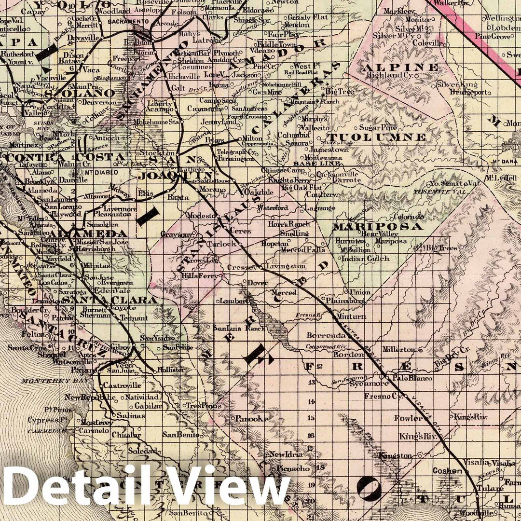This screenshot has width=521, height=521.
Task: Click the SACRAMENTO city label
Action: [x=127, y=22]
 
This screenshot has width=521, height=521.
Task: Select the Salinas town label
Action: [x=129, y=415]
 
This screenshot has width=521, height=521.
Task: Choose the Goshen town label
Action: [x=444, y=470]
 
